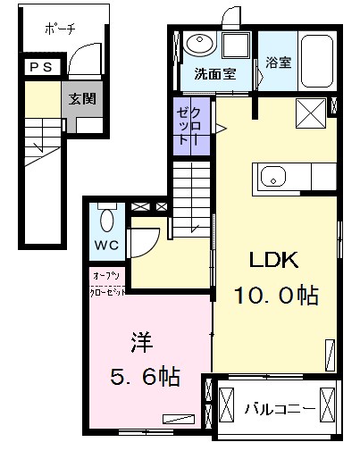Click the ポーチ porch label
[60, 29]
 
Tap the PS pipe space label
[41, 67]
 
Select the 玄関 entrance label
[82, 99]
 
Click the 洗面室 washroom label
[215, 73]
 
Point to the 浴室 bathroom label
[278, 63]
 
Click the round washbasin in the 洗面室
[199, 44]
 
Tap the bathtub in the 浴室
[316, 61]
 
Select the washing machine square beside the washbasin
[235, 46]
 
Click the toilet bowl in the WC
[106, 220]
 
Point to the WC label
[106, 245]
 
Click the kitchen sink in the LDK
[273, 176]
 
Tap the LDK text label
[273, 260]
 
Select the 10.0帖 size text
[277, 296]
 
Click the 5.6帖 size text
[146, 377]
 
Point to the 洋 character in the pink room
[142, 342]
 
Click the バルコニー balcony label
[280, 408]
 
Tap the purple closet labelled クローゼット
[192, 126]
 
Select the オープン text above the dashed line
[106, 276]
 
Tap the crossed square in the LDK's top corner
[311, 113]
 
